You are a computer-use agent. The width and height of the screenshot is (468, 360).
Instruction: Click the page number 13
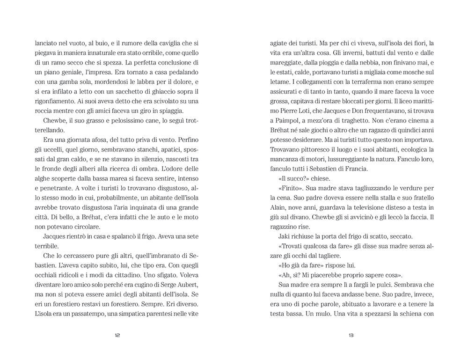point(351,335)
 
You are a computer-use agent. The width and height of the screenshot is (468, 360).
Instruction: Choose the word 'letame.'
point(283,83)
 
